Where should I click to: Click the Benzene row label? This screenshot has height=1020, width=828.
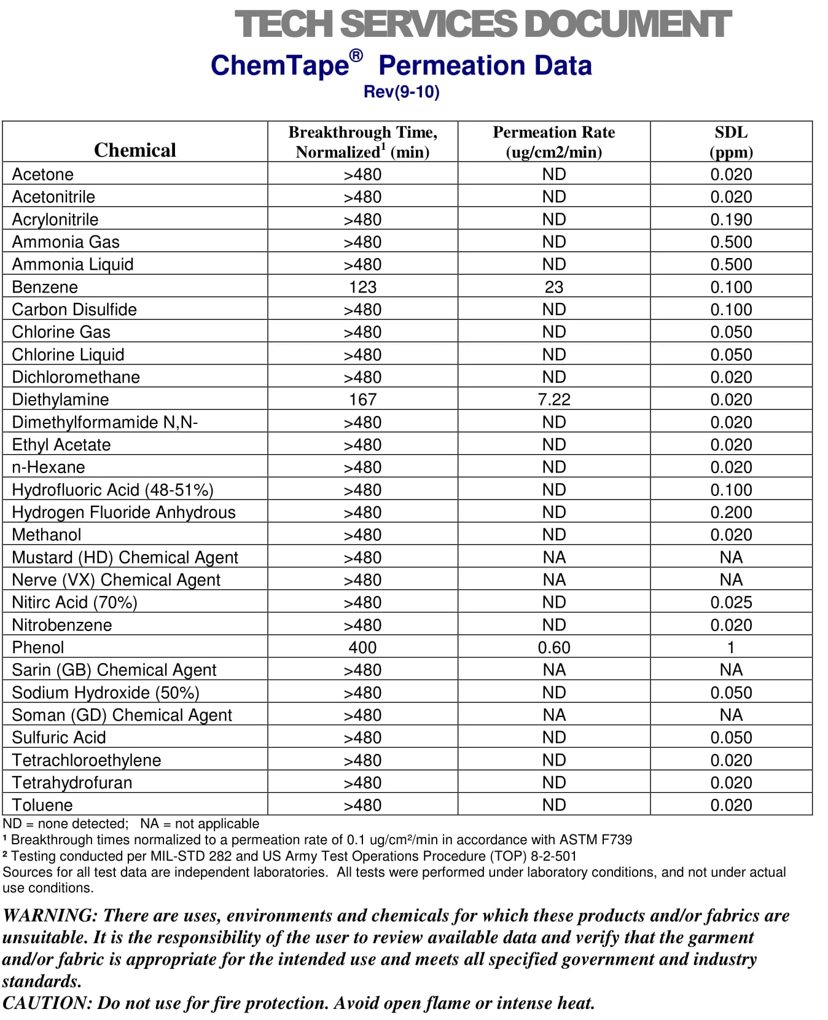[45, 287]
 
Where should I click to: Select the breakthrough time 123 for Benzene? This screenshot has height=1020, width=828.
[362, 287]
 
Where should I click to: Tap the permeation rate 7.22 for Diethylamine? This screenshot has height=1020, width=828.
[553, 399]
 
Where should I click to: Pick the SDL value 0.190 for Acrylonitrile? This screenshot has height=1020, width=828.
[731, 219]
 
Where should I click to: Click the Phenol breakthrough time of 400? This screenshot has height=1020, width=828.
[362, 647]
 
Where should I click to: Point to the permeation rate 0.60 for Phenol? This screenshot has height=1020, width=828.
[553, 647]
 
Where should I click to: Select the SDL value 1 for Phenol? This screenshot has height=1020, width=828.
[731, 647]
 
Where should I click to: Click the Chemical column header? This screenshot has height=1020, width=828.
[135, 150]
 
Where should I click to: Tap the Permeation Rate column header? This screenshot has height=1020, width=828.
[553, 142]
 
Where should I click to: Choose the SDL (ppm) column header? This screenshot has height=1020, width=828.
[731, 142]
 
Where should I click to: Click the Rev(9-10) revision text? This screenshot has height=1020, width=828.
[401, 92]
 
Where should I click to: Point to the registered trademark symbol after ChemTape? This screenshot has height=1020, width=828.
[356, 56]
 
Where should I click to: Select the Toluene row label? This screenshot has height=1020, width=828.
[42, 805]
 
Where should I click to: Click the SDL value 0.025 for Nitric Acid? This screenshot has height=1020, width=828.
[731, 602]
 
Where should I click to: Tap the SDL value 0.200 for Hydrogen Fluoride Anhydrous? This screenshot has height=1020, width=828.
[731, 512]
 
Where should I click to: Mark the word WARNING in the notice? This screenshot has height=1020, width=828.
[50, 916]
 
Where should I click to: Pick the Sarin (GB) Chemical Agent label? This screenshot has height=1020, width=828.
[114, 670]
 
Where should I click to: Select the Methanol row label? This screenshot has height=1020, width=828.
[46, 535]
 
